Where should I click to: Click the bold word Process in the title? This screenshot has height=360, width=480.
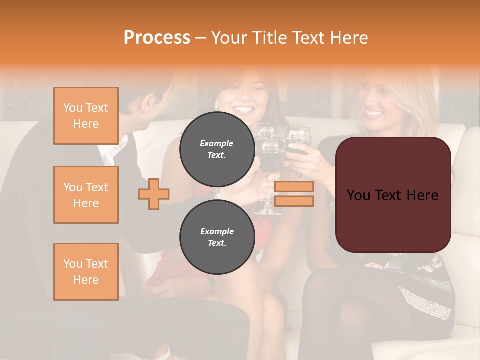[157, 38]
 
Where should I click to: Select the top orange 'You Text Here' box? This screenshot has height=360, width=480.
[86, 116]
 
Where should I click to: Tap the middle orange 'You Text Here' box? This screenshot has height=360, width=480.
[86, 195]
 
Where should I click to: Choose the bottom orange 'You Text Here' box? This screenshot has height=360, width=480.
[86, 271]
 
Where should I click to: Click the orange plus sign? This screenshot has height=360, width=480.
[154, 194]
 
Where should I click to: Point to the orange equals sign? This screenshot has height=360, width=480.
[294, 194]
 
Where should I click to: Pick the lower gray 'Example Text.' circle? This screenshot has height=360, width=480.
[217, 237]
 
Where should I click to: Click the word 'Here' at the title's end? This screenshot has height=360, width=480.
[348, 38]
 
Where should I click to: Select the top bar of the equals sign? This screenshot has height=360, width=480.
[294, 187]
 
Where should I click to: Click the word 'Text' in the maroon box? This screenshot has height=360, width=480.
[393, 195]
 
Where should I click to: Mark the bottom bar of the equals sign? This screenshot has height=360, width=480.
[294, 201]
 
